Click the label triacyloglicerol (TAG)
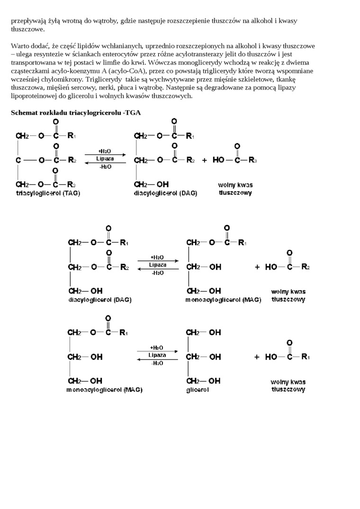coord(48,193)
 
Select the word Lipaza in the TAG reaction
coord(105,159)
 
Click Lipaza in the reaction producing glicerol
coord(157,355)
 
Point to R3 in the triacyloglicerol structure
coord(71,184)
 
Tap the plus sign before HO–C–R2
coord(257,267)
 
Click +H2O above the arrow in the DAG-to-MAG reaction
coord(157,258)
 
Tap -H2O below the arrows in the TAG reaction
coord(105,167)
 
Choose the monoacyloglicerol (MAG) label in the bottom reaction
coord(104,390)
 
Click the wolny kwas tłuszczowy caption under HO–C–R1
coord(288,385)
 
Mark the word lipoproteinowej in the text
coord(32,96)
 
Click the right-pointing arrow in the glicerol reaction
coord(157,351)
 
